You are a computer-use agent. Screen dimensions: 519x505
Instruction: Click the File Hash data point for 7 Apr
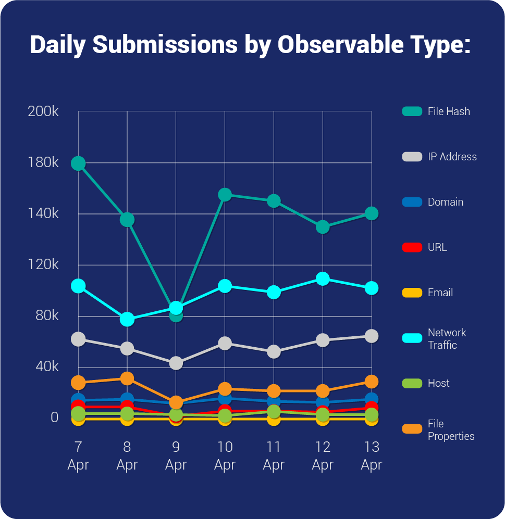point(78,163)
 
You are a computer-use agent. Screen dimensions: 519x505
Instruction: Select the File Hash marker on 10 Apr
point(225,195)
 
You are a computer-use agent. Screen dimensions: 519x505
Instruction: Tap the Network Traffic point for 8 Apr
point(127,319)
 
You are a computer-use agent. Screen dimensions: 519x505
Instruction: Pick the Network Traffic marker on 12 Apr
point(323,279)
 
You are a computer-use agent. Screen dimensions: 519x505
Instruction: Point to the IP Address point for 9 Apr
point(176,363)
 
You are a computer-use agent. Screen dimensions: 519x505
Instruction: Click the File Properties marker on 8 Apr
point(127,378)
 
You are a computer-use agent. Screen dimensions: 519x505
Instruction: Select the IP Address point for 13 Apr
point(371,336)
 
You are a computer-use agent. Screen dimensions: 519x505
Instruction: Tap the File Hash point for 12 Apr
point(323,227)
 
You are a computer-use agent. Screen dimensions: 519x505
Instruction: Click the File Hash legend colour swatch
point(412,111)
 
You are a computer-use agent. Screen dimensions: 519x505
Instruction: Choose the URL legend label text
point(437,247)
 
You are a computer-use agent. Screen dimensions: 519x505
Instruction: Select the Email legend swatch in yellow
point(412,293)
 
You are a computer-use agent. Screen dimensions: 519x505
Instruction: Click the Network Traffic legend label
point(447,339)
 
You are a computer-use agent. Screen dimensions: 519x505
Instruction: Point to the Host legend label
point(438,383)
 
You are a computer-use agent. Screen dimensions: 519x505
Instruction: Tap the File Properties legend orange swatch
point(412,429)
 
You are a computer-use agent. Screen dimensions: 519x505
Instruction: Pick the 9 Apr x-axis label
point(176,455)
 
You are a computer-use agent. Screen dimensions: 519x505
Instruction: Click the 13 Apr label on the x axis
point(371,455)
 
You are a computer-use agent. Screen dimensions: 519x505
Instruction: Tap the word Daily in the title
point(58,45)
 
